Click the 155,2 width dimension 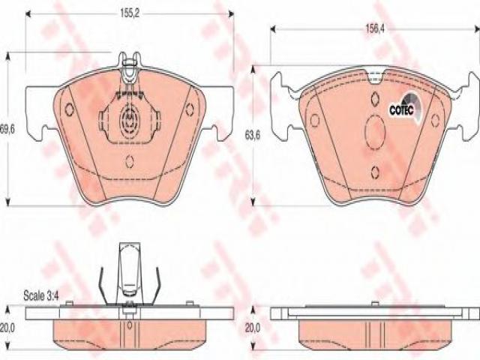click(130, 13)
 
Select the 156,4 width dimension click(375, 28)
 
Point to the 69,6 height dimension click(7, 129)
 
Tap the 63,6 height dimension click(253, 135)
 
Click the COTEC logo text click(401, 110)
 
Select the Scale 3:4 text click(41, 296)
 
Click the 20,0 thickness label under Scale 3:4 click(7, 328)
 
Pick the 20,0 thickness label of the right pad click(253, 328)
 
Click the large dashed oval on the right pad click(375, 133)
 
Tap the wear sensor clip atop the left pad click(130, 67)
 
